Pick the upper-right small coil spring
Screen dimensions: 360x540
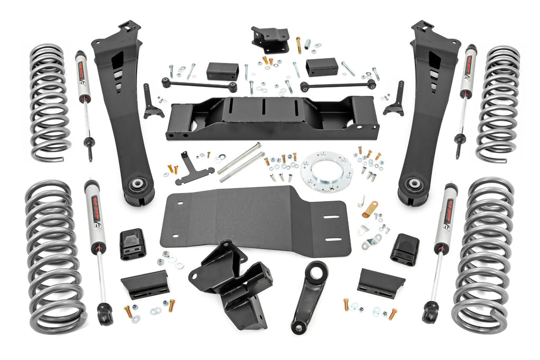point(497,103)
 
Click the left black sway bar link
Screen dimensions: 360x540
point(199,85)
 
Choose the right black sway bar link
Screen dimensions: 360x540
point(338,85)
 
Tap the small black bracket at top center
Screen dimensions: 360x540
point(270,39)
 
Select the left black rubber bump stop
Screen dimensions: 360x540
point(132,244)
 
